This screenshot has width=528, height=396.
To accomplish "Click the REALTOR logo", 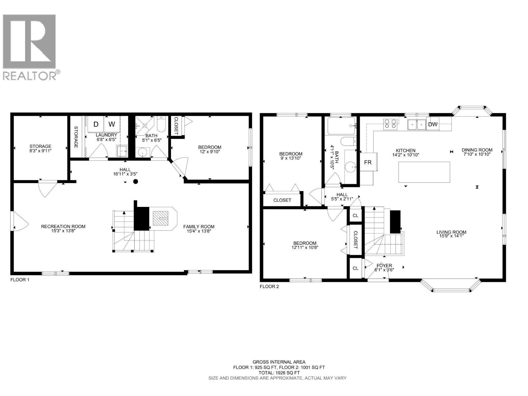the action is (x=31, y=47).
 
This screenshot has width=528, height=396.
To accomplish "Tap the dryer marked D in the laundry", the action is (x=96, y=124).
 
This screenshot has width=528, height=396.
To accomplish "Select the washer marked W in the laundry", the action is (x=112, y=124).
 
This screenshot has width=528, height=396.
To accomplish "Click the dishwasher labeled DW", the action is (x=433, y=124).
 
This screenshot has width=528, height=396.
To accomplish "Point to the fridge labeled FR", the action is (x=368, y=162).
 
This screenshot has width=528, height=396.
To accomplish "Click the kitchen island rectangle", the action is (x=424, y=172).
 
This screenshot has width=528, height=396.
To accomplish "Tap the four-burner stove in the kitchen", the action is (x=390, y=124).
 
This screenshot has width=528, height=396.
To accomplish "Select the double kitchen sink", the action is (x=417, y=124).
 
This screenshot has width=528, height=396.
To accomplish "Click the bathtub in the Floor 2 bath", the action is (x=341, y=126).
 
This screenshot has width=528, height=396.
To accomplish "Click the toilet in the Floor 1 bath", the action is (x=161, y=124).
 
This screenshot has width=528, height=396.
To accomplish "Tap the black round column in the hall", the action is (x=136, y=181).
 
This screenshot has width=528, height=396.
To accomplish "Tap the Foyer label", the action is (x=384, y=265).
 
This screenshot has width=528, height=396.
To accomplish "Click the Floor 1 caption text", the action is (x=20, y=280).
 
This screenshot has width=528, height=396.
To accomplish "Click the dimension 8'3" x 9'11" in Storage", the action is (x=40, y=151).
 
